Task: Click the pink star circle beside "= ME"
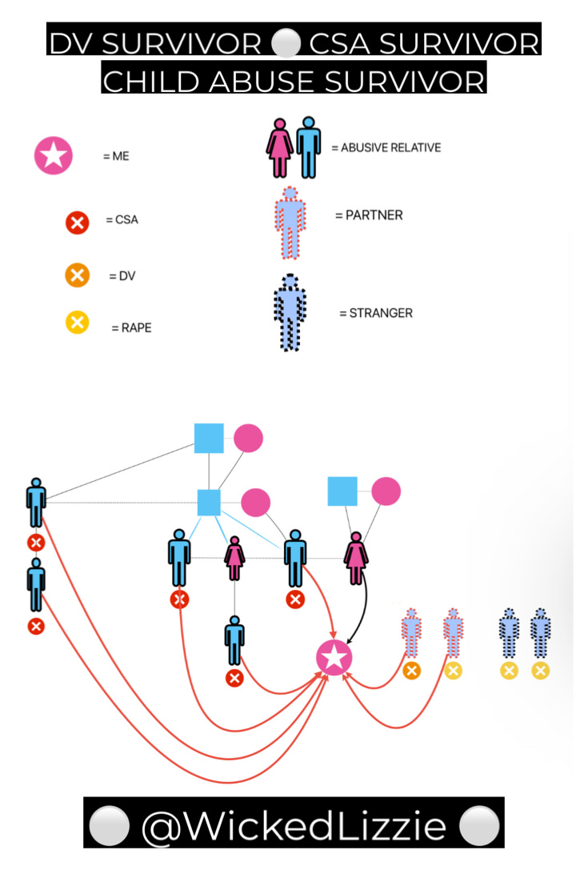pos(54,155)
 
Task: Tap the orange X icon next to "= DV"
pos(76,276)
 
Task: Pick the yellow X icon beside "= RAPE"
pos(76,323)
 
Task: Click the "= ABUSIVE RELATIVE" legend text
pos(386,148)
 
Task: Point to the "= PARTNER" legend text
pos(368,215)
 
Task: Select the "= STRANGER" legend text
pos(375,313)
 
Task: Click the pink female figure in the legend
pos(279,148)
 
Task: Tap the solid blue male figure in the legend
pos(308,147)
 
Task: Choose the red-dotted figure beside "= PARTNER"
pos(290,223)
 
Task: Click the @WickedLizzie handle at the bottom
pos(294,825)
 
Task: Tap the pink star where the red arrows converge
pos(334,658)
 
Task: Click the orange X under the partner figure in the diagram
pos(411,671)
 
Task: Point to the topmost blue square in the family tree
pos(209,438)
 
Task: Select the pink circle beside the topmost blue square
pos(248,438)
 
